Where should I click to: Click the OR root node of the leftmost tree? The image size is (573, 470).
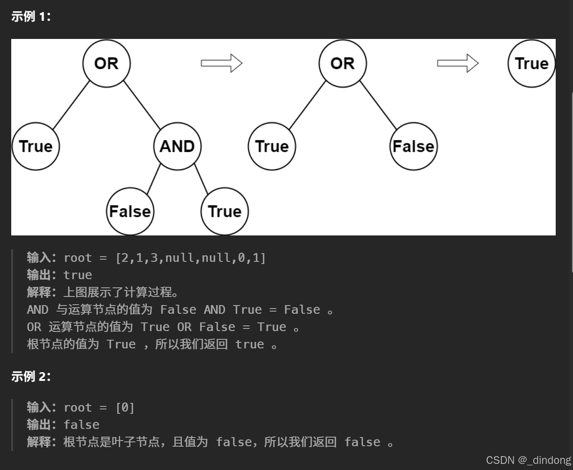[106, 63]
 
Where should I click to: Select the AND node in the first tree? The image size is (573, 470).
[177, 146]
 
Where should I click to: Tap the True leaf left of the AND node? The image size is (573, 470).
[35, 146]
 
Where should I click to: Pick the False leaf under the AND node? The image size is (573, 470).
[130, 211]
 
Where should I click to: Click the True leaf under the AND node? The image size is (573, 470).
[225, 211]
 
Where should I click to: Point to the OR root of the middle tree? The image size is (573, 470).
[343, 63]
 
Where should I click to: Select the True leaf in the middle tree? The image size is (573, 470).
[272, 146]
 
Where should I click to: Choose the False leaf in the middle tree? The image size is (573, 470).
[414, 146]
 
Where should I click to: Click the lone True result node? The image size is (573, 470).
[532, 63]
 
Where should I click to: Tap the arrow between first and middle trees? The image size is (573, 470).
[221, 63]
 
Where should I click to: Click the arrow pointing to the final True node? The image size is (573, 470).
[458, 63]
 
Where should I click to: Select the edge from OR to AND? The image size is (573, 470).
[142, 104]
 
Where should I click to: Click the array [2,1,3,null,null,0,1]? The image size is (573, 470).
[191, 258]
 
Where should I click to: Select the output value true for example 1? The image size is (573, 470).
[78, 275]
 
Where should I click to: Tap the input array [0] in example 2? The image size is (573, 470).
[125, 408]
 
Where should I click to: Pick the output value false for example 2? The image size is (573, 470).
[81, 425]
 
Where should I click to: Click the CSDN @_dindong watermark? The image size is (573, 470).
[528, 460]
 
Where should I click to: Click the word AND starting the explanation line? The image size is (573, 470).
[38, 310]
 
